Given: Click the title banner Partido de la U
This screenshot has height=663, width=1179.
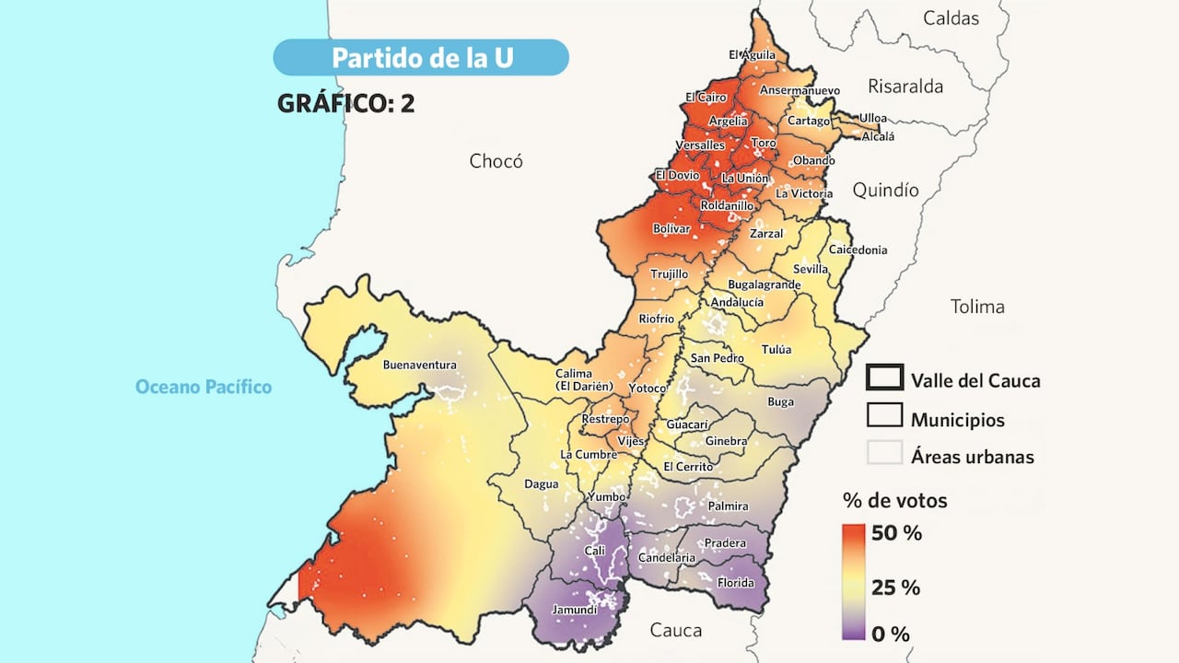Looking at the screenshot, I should click(x=421, y=57).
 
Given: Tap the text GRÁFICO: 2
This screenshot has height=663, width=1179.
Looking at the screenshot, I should click(x=345, y=103).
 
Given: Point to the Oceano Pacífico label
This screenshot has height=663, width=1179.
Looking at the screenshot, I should click(x=204, y=387).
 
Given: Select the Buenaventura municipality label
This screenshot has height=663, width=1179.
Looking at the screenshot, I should click(x=419, y=365).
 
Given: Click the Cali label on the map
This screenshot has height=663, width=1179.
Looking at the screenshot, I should click(x=595, y=551).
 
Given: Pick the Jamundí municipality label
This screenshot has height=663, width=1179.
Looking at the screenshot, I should click(x=574, y=610).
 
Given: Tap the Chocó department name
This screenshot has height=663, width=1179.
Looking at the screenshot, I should click(x=496, y=161).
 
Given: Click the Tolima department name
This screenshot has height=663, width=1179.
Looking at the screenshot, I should click(x=977, y=307).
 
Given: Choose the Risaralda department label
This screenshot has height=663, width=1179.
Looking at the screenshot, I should click(x=905, y=87).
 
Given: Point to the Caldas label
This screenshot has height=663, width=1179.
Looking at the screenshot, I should click(x=951, y=17).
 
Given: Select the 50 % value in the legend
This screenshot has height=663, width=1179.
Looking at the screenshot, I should click(x=896, y=533).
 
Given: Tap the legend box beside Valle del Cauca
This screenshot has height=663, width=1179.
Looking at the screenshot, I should click(x=884, y=378).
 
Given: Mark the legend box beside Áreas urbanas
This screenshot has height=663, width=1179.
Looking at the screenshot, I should click(x=884, y=454).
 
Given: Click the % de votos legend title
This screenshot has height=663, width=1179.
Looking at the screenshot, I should click(x=894, y=501).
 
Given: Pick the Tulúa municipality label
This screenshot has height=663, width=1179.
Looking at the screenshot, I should click(x=776, y=350).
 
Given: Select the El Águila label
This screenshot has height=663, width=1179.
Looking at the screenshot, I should click(x=752, y=54).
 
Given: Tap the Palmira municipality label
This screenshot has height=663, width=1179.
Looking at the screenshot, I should click(x=728, y=506).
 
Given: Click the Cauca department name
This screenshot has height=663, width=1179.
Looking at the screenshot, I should click(x=675, y=630).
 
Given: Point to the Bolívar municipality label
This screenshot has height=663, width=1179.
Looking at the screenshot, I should click(x=671, y=228).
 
